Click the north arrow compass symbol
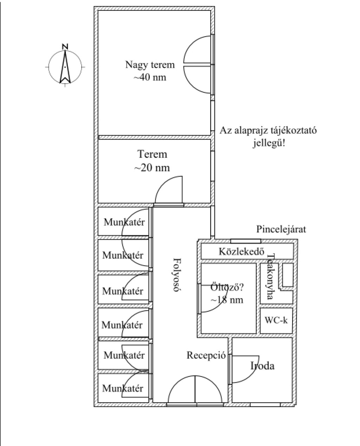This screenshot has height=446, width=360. [x=65, y=67]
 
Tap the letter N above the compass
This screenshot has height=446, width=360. [x=65, y=46]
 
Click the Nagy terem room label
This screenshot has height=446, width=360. [x=150, y=65]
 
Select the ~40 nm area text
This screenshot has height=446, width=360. [x=150, y=77]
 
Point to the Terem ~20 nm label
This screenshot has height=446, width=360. [x=152, y=161]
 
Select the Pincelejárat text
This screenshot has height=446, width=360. [x=281, y=230]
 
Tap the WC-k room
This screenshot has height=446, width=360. [x=276, y=320]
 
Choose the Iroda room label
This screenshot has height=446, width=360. [x=262, y=366]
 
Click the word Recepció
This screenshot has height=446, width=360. [x=206, y=355]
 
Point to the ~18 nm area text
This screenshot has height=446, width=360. [x=227, y=300]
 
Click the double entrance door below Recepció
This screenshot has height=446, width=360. [x=195, y=390]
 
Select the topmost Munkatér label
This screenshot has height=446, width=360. [x=124, y=222]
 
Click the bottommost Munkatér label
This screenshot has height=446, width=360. [x=123, y=388]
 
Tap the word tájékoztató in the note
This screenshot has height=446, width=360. [x=293, y=131]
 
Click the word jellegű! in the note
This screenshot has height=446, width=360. [x=269, y=143]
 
